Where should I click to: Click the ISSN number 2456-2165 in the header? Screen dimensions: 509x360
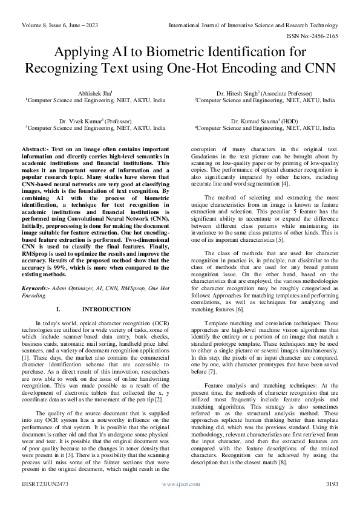click(x=324, y=36)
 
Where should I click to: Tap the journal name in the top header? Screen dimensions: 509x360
click(x=253, y=25)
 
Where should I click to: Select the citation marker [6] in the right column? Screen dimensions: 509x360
click(x=240, y=310)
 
